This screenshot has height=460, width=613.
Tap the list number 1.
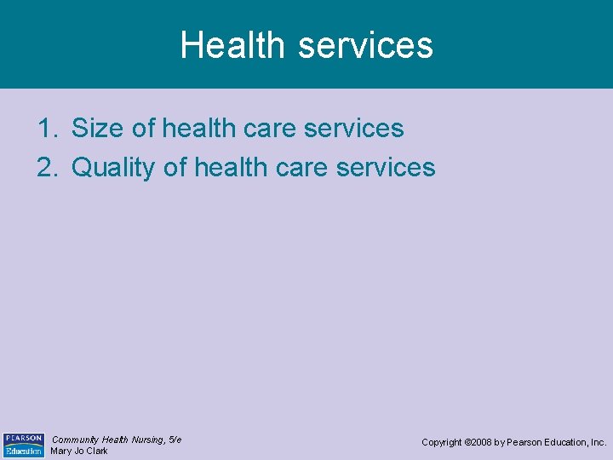click(46, 129)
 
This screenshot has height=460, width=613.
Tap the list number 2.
click(46, 168)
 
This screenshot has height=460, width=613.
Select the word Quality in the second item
click(113, 169)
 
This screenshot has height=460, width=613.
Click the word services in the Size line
click(354, 129)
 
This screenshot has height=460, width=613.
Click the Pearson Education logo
click(23, 445)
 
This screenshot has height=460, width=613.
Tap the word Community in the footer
click(76, 440)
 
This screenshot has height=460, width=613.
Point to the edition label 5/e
click(175, 440)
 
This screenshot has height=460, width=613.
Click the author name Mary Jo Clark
click(79, 451)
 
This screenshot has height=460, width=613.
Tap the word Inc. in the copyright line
click(599, 443)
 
